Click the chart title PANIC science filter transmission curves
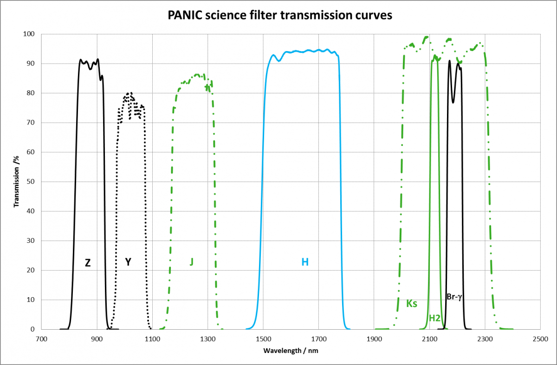click(280, 15)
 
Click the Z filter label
click(88, 263)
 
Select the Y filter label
click(128, 262)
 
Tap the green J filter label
click(191, 262)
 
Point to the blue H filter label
click(305, 262)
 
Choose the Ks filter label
click(412, 304)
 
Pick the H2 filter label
click(435, 318)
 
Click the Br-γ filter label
click(455, 296)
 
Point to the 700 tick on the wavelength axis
click(42, 339)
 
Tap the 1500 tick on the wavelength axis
click(263, 339)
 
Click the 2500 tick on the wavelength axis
click(540, 339)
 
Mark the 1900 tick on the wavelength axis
click(374, 339)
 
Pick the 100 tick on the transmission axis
click(29, 34)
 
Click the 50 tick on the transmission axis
click(31, 182)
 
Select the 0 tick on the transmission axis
click(32, 329)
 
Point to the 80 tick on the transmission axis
click(31, 93)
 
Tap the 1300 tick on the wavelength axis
click(208, 339)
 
